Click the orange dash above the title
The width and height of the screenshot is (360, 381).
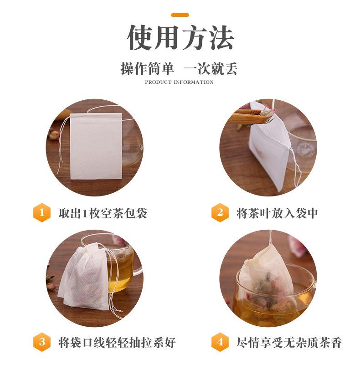(x=180, y=15)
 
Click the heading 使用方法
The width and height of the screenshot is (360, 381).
(x=180, y=38)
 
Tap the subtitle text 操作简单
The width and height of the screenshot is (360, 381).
(x=147, y=68)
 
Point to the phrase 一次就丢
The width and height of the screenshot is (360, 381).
(x=211, y=68)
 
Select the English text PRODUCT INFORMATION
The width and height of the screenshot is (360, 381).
(x=179, y=82)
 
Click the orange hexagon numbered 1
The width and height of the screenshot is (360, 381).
(x=42, y=213)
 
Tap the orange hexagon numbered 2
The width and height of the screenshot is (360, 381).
(x=220, y=213)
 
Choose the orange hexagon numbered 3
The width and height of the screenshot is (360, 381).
(x=42, y=342)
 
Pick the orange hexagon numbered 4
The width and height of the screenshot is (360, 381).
(x=220, y=342)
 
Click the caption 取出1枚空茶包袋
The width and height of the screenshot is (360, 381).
(x=103, y=213)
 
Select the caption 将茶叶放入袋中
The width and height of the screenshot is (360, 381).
(x=277, y=213)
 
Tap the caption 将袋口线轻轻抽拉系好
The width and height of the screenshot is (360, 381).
(x=117, y=342)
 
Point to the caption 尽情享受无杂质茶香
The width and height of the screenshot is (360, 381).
(x=289, y=342)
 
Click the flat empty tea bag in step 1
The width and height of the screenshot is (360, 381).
(x=96, y=146)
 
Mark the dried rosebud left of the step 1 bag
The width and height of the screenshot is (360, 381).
(x=54, y=134)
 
